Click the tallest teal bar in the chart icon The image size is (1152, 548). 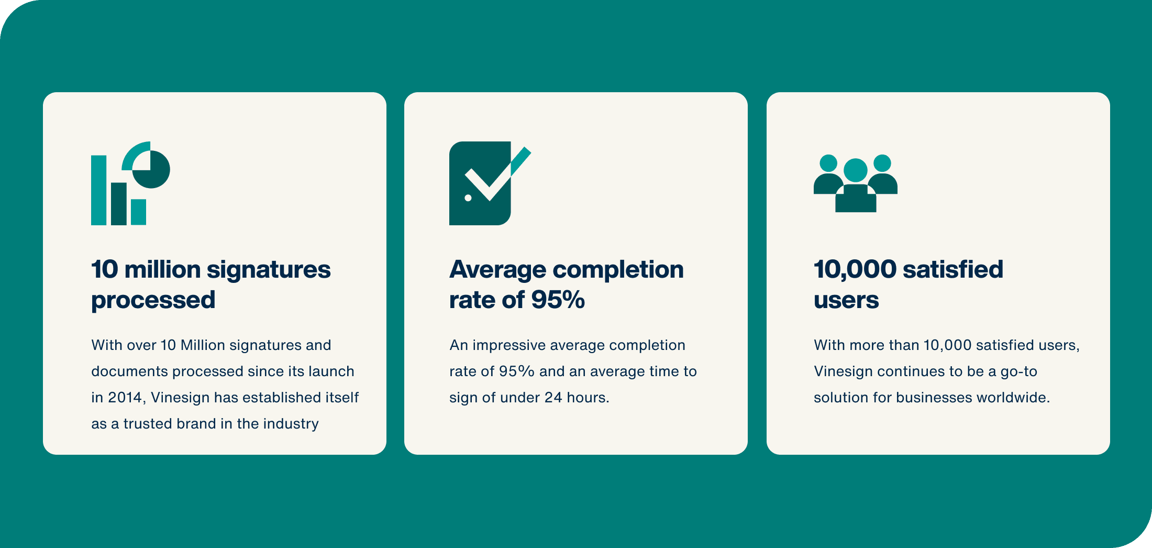point(98,190)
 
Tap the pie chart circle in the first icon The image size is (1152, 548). point(151,169)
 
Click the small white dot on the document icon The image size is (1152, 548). point(468,198)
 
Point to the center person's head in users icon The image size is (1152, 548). point(856,170)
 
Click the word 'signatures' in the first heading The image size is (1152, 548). point(269,270)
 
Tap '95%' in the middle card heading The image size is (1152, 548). point(558,300)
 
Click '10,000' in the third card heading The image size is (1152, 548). point(855,270)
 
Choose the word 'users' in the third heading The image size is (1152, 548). point(846,300)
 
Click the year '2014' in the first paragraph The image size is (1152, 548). point(125,398)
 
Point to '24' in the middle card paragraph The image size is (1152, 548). point(553,398)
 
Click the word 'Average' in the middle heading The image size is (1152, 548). point(498,270)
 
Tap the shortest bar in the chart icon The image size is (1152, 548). point(138,212)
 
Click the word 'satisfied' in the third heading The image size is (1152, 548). point(953,269)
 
